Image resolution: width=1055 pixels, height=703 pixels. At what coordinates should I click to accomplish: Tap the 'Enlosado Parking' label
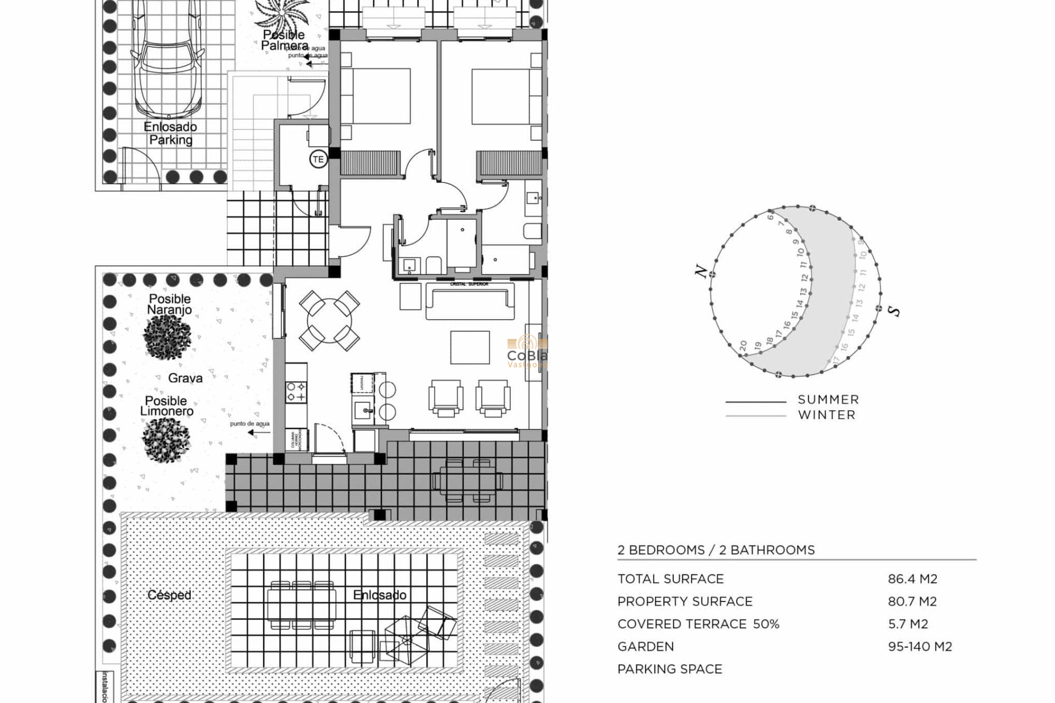point(170,133)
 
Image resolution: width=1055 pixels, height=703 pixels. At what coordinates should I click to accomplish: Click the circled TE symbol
point(318,160)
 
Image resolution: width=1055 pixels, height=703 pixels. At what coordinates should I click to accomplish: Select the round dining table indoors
point(329,321)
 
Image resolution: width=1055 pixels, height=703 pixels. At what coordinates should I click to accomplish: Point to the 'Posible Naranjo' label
point(170,304)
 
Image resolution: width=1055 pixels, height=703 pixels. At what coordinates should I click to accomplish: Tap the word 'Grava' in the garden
point(185,378)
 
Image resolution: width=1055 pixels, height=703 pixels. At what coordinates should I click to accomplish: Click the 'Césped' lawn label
point(169,595)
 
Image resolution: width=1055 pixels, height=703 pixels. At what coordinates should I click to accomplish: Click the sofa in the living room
point(470,302)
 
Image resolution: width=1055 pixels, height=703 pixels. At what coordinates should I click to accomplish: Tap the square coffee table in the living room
point(470,347)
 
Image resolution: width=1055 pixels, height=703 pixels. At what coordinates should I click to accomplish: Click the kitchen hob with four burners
point(296,392)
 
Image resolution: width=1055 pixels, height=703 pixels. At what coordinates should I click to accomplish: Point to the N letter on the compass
point(701,271)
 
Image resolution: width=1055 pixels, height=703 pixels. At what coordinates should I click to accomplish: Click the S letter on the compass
point(895,311)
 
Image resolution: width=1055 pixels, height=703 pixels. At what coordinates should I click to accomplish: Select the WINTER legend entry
point(826,415)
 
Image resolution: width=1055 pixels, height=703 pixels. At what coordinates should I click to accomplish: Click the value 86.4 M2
point(912,579)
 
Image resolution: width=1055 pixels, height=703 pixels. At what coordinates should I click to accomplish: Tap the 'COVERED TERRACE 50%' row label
point(698,624)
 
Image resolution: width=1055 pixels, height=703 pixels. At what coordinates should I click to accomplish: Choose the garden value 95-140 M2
point(919,646)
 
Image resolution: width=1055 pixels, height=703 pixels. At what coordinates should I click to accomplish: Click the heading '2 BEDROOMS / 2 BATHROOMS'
point(715,550)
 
